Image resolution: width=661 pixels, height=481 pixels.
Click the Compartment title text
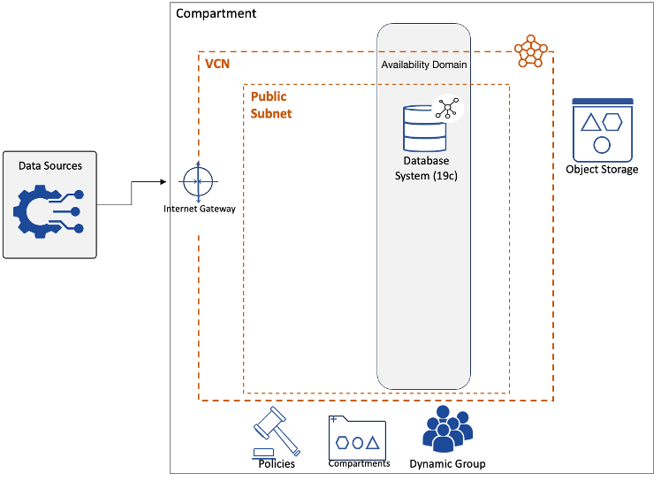217,13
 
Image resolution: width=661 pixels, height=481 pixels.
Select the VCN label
217,65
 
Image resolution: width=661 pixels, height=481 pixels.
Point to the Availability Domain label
424,65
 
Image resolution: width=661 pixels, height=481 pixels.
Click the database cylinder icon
424,128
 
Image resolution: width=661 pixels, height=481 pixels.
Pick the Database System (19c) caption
425,168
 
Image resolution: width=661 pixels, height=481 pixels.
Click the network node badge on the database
447,110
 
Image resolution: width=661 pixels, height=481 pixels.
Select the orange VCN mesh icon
530,50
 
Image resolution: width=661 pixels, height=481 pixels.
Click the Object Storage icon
602,128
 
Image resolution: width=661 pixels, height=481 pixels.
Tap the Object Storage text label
602,169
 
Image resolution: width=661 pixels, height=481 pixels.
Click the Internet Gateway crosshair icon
198,181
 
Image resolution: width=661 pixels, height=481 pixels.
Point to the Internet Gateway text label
201,209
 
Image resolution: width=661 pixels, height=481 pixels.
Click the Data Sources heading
50,165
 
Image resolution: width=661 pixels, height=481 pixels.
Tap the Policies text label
277,463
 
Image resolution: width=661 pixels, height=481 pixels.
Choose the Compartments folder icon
357,437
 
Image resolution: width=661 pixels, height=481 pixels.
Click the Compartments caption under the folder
359,463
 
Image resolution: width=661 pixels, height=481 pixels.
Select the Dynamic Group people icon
447,428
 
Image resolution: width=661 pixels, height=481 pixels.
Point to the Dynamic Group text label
447,463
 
